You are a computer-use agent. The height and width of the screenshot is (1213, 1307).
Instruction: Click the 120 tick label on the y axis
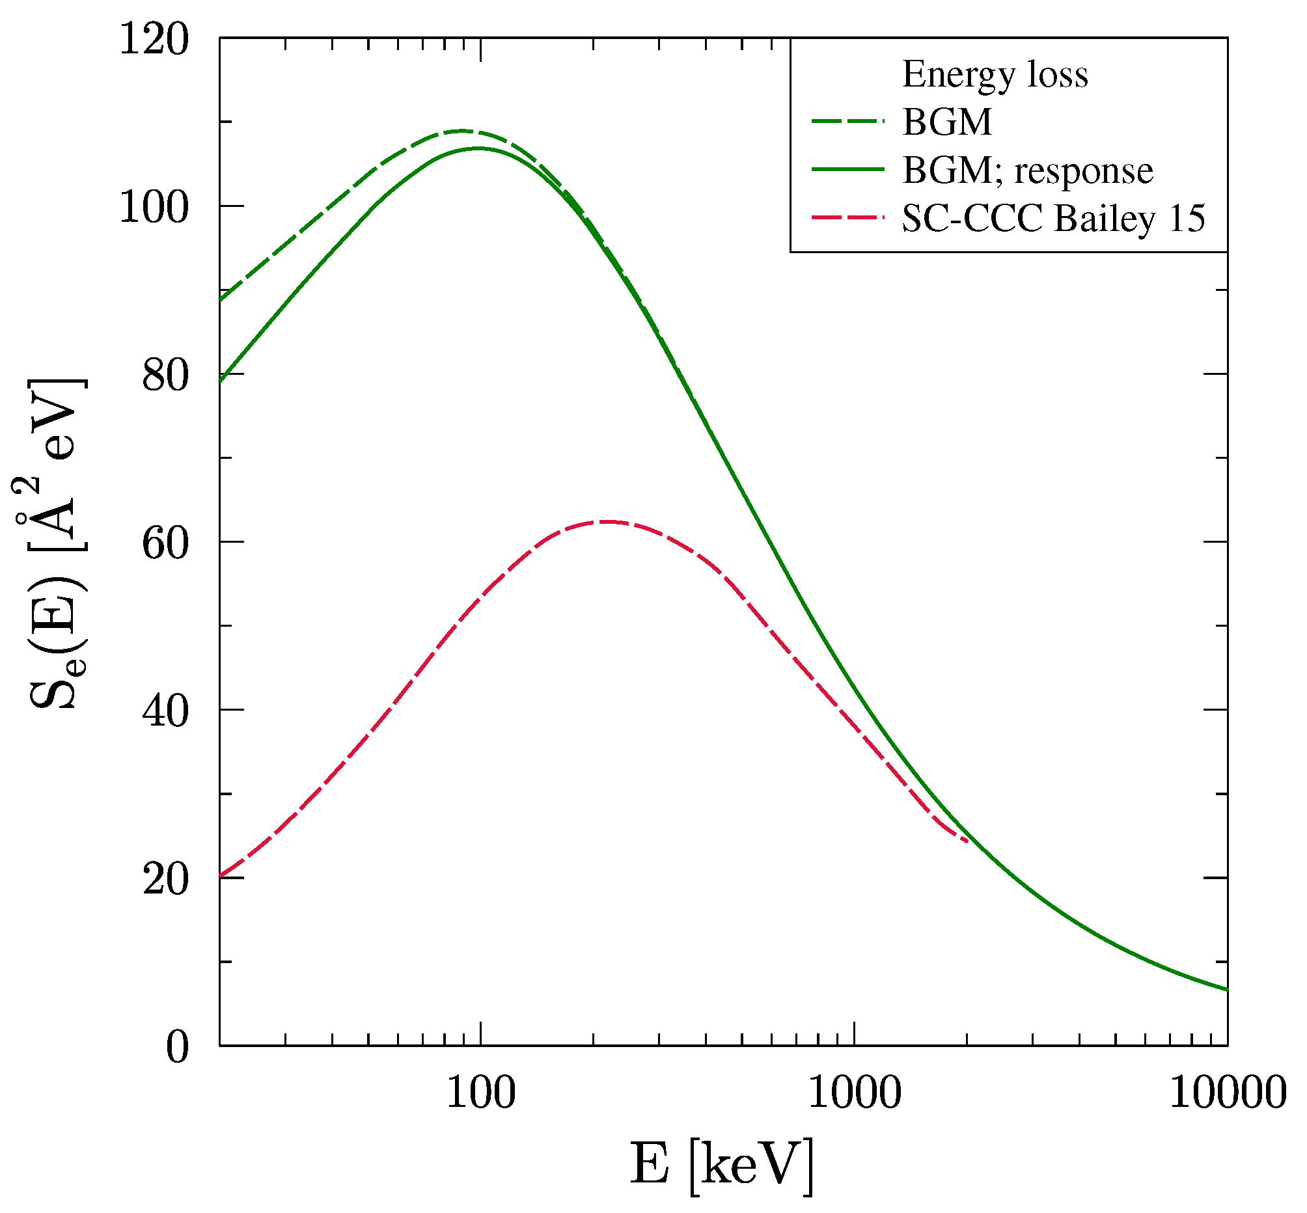(154, 40)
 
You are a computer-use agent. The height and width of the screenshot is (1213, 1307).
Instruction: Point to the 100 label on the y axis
(154, 208)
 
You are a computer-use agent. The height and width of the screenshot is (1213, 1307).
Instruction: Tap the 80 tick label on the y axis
(165, 375)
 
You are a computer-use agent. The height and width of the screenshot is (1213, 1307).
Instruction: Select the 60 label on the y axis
(165, 543)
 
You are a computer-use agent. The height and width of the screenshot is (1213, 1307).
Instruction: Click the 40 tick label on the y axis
(165, 711)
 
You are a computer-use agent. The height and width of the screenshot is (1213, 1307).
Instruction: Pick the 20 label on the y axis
(165, 880)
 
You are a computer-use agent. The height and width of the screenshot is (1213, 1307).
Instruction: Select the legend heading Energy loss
(995, 74)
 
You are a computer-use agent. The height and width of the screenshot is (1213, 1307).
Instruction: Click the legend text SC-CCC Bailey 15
(1053, 218)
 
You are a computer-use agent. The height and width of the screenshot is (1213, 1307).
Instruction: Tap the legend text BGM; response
(1027, 170)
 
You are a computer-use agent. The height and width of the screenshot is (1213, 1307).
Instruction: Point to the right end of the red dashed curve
(967, 841)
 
